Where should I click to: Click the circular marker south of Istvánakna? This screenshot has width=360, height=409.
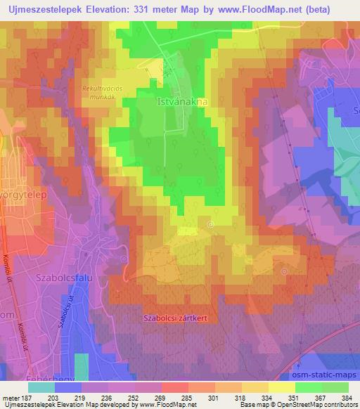click(x=211, y=225)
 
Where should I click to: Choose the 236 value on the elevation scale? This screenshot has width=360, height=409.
click(x=105, y=397)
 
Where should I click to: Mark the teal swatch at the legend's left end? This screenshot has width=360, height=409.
click(x=41, y=387)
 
